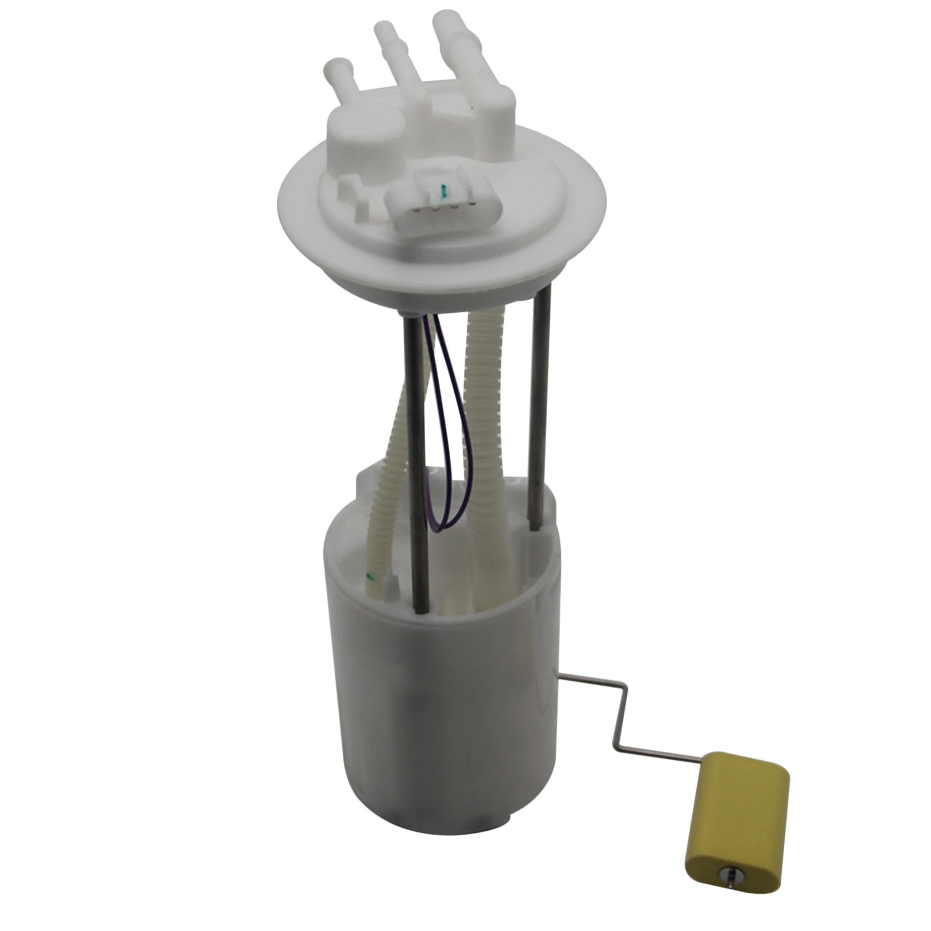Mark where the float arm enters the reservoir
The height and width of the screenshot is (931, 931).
[561, 680]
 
